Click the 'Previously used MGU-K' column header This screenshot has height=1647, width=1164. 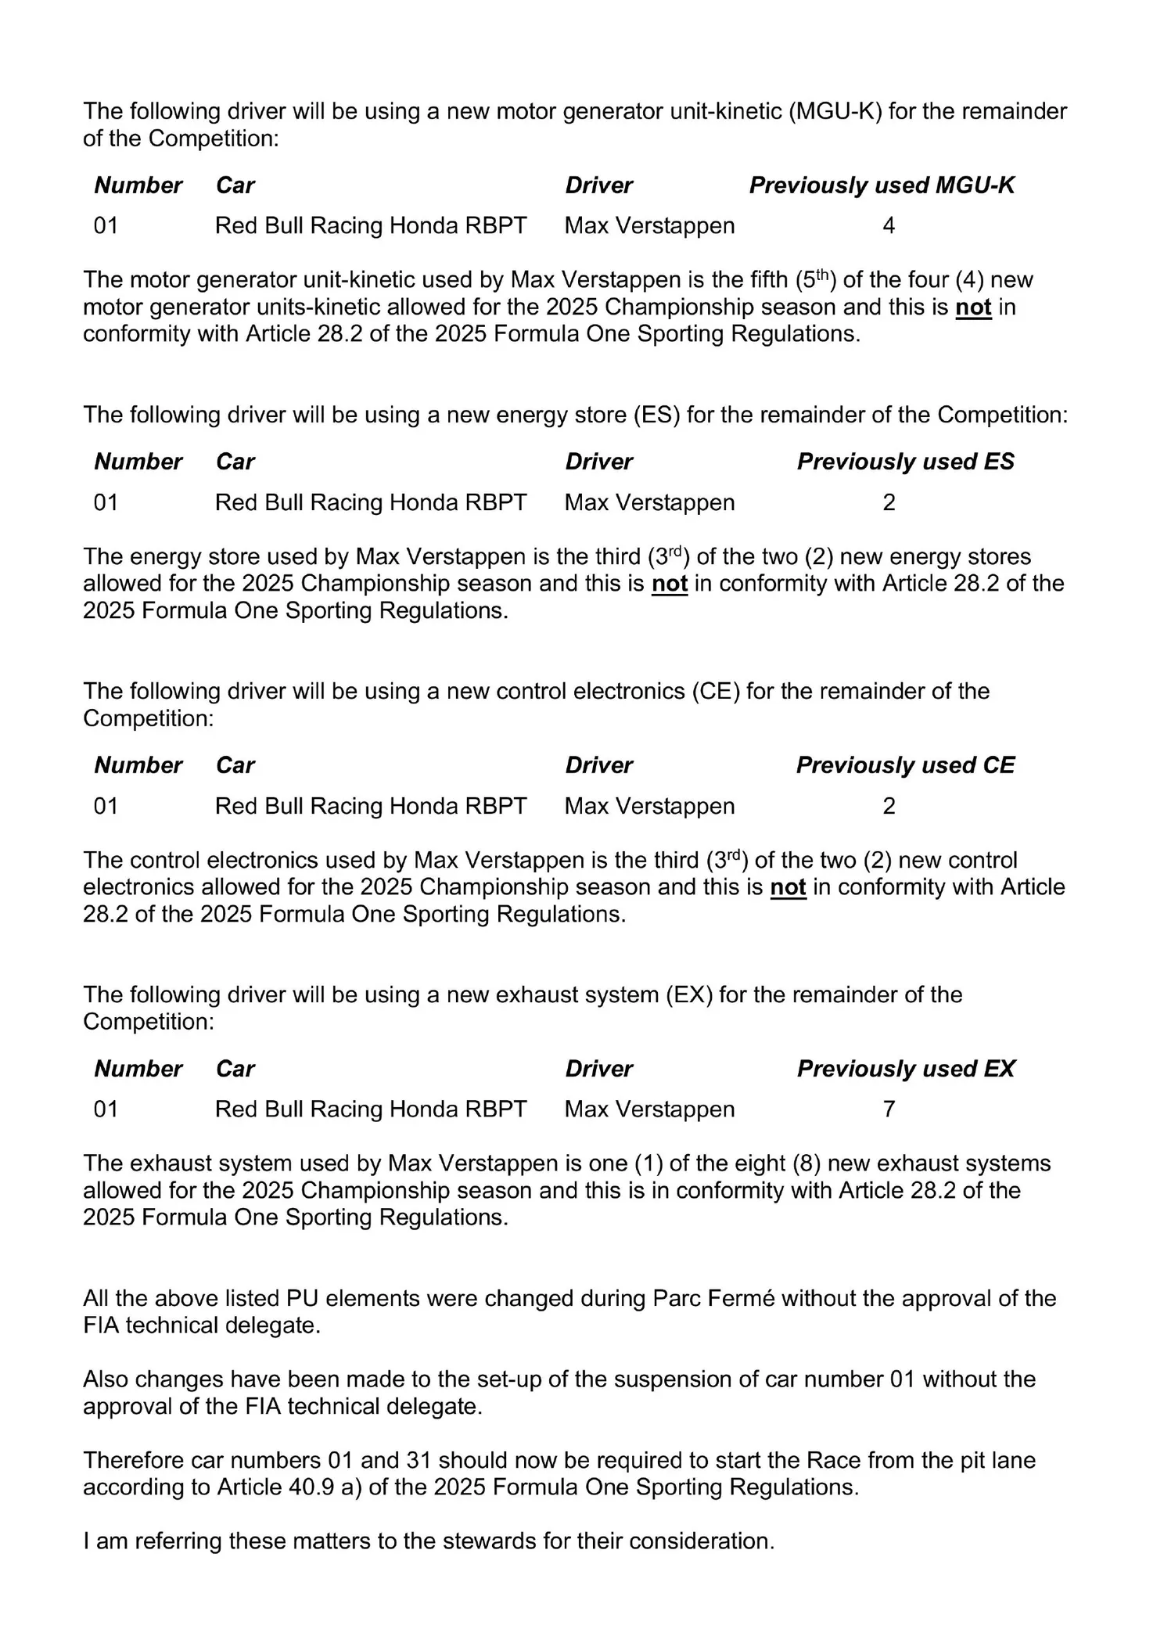point(882,185)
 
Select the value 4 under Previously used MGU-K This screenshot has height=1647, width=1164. point(889,226)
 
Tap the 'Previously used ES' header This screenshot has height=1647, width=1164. point(905,462)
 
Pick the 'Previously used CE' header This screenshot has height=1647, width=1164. point(905,765)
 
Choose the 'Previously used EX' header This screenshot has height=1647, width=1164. point(906,1069)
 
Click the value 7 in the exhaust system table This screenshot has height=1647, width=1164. point(889,1109)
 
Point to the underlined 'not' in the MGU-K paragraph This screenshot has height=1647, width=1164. point(973,307)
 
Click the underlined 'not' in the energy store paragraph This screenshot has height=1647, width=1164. point(670,584)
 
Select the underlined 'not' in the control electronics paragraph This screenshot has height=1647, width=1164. point(788,887)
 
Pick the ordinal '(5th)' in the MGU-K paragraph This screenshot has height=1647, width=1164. point(814,280)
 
